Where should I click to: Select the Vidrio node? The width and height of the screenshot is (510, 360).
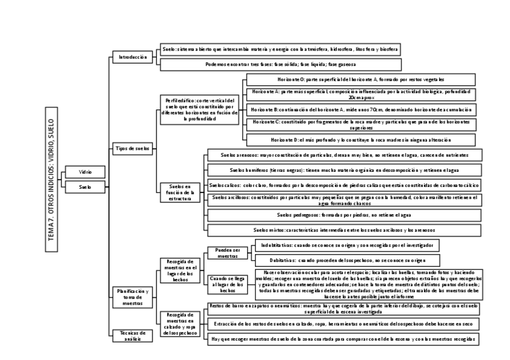(85, 172)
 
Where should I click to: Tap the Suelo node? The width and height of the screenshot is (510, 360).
(85, 187)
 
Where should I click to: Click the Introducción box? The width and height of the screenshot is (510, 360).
(132, 57)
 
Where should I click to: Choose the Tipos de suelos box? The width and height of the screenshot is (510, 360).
(132, 148)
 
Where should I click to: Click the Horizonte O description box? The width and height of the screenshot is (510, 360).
(361, 79)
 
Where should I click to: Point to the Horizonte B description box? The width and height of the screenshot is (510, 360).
(361, 109)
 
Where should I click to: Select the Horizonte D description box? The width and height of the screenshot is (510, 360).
(361, 139)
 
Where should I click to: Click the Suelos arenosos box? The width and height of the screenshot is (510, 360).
(343, 155)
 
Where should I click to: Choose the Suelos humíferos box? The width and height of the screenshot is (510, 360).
(343, 170)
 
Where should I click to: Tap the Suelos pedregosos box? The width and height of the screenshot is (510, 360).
(343, 215)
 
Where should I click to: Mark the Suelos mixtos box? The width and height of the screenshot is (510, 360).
(343, 230)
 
